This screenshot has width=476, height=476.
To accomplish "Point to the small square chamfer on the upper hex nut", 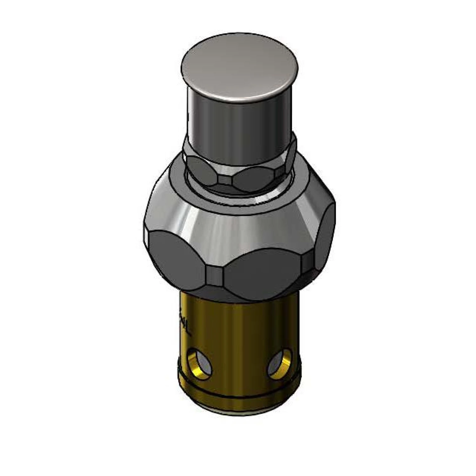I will coord(225,181).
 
